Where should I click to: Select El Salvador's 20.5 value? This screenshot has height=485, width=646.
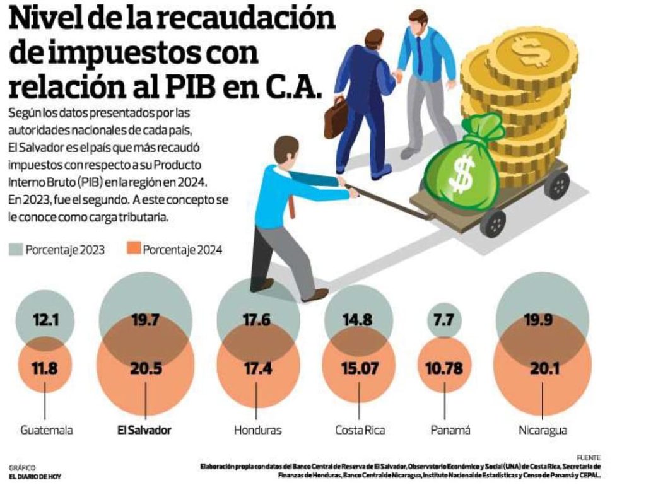click(x=145, y=370)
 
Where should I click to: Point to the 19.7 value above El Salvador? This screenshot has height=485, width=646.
click(x=145, y=320)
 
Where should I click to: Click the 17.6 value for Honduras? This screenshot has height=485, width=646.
click(x=257, y=320)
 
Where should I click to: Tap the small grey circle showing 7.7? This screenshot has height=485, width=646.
click(x=445, y=321)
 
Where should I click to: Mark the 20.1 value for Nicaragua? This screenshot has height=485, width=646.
click(x=543, y=370)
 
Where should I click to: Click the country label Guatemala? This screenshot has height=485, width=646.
click(x=47, y=431)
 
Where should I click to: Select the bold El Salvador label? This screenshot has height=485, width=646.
click(x=144, y=431)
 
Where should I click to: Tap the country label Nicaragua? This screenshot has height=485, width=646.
click(x=543, y=431)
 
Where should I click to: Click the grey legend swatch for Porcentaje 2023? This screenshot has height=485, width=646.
click(x=16, y=249)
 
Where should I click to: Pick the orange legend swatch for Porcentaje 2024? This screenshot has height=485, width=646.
click(x=133, y=249)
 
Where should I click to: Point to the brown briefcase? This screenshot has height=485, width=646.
click(x=335, y=118)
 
